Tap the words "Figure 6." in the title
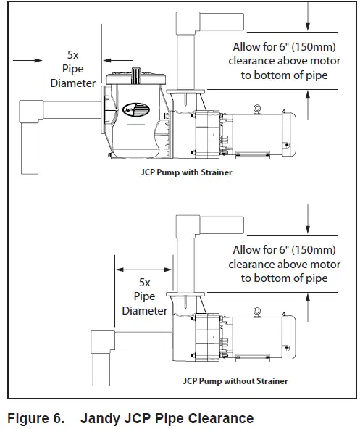(x=36, y=418)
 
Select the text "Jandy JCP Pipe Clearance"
(x=167, y=418)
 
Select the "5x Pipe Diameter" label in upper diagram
(x=72, y=70)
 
